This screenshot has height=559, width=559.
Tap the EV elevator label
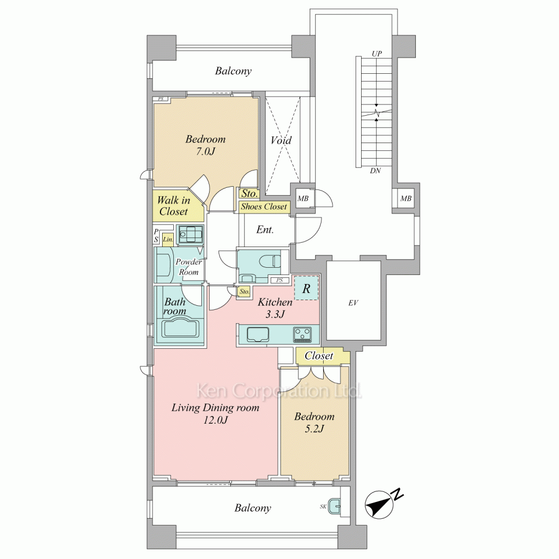353,303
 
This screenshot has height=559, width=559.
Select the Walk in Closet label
174,206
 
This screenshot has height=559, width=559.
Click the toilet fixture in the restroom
271,261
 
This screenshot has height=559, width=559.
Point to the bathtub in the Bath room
181,328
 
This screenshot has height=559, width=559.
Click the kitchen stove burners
302,334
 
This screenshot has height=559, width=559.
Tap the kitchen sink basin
257,334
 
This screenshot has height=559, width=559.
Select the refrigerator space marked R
306,288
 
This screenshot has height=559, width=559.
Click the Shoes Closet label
264,206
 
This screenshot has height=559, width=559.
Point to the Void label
281,140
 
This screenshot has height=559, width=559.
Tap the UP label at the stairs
377,54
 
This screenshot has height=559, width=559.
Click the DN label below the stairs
376,170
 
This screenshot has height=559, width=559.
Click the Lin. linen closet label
168,240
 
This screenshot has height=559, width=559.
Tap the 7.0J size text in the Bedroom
206,151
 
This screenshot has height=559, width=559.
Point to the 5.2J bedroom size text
314,429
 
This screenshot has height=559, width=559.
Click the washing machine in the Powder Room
191,235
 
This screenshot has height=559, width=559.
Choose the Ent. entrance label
265,230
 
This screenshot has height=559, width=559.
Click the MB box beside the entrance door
303,198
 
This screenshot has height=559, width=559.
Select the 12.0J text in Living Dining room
215,420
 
